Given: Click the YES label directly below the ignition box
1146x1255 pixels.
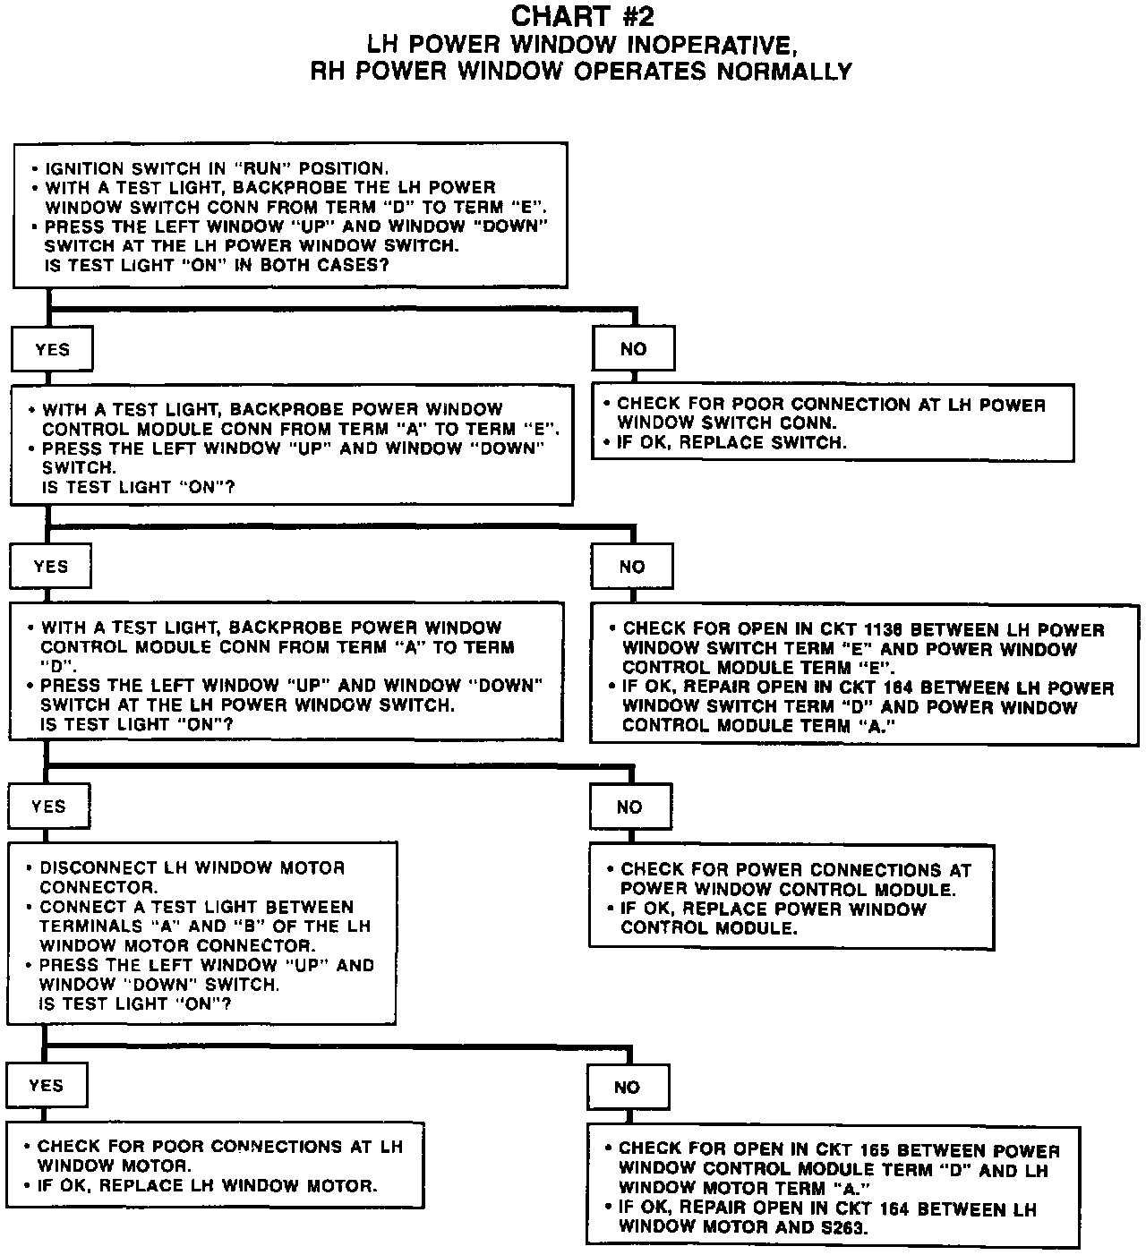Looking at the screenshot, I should (52, 349).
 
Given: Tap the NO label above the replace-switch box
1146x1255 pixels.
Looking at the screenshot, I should (633, 349).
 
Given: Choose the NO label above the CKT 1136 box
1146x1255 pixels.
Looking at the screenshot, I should (631, 567).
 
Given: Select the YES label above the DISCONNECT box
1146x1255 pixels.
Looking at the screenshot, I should (48, 807).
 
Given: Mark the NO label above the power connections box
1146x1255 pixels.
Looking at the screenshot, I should (629, 807).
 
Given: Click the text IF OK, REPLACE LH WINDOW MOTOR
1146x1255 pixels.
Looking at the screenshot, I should (207, 1186).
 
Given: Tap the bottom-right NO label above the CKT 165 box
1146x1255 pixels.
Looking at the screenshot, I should (627, 1088).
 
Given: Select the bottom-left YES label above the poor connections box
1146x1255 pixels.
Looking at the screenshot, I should (47, 1086).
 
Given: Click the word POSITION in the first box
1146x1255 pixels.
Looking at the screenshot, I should (343, 168).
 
